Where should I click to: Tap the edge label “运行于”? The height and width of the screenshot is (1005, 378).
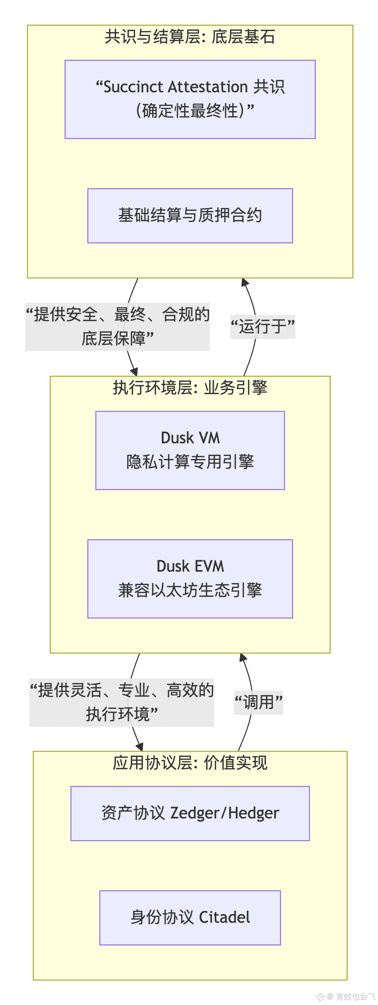click(262, 327)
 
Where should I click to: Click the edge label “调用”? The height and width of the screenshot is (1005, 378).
click(258, 702)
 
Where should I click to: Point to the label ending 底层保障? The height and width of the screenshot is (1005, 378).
click(117, 327)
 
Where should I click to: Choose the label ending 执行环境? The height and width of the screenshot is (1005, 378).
click(121, 702)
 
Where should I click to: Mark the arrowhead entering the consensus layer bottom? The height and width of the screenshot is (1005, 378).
click(245, 283)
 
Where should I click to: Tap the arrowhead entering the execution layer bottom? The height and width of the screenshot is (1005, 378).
click(243, 657)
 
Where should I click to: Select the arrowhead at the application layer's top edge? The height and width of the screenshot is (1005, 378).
click(139, 747)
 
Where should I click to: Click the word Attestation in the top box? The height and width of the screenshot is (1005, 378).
click(208, 87)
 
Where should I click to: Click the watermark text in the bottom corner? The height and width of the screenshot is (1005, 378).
click(352, 996)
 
